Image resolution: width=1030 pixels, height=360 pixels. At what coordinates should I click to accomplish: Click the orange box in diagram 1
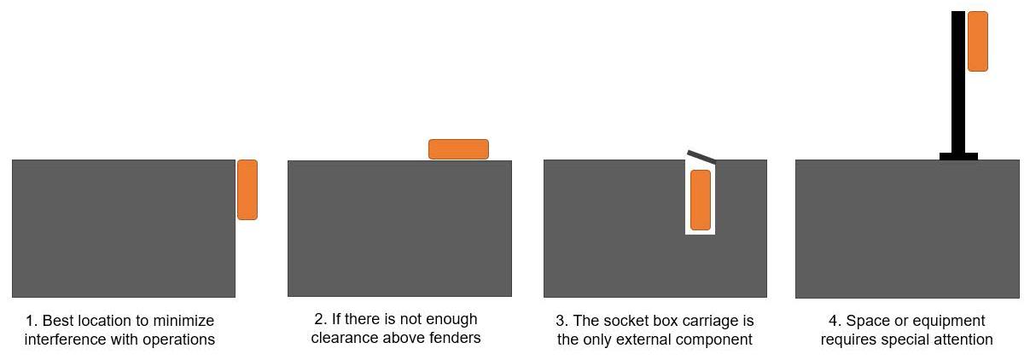tap(247, 189)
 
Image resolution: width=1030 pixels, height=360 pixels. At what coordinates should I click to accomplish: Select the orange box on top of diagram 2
tap(458, 149)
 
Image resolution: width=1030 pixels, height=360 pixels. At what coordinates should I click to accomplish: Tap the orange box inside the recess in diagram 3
tap(700, 200)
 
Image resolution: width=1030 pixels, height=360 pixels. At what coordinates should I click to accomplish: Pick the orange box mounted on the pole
tap(977, 41)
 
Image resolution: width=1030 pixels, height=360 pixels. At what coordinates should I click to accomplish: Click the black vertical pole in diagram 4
tap(957, 85)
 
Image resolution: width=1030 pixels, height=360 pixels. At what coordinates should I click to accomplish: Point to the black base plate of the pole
tap(957, 156)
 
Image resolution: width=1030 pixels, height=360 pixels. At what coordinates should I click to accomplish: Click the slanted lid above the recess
tap(701, 156)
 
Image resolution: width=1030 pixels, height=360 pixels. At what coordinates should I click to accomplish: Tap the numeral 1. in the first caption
tap(32, 322)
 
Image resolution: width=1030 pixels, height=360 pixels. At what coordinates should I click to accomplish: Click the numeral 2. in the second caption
tap(321, 320)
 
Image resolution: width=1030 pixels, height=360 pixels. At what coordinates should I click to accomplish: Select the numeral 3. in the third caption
tap(562, 322)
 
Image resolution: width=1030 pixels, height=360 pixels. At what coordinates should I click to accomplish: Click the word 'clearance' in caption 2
tap(343, 338)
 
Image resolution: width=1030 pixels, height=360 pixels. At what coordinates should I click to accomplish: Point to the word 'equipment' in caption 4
tap(950, 322)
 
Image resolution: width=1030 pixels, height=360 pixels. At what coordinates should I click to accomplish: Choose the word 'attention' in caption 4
tap(961, 340)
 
